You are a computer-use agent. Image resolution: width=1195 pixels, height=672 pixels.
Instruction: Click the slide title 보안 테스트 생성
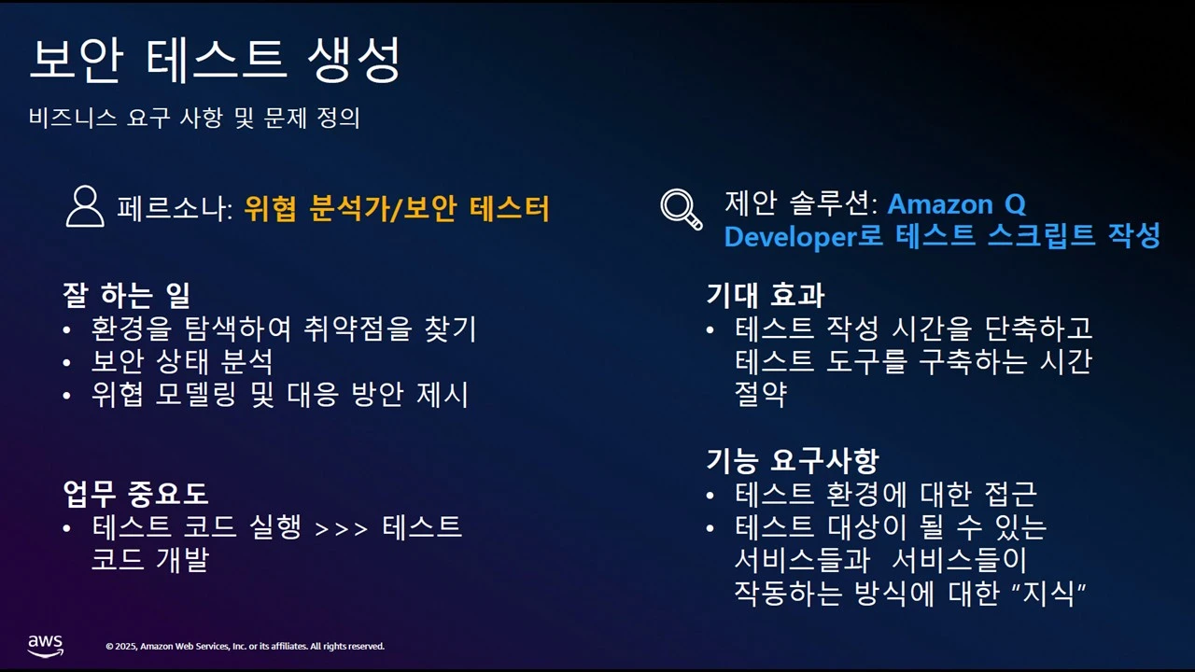click(215, 61)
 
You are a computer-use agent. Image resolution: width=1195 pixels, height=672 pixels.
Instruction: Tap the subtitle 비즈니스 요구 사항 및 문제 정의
click(194, 119)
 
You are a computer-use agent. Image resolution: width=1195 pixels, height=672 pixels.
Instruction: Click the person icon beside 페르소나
click(85, 206)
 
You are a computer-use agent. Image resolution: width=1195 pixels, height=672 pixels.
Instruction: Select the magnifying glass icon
click(681, 208)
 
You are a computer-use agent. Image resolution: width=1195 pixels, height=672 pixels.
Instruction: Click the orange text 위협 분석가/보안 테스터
click(397, 208)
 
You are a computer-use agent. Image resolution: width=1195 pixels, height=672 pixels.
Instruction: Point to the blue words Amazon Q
click(956, 203)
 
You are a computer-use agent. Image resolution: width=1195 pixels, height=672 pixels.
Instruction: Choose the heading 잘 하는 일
click(126, 296)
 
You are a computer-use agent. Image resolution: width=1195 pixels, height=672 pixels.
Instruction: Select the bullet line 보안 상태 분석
click(182, 361)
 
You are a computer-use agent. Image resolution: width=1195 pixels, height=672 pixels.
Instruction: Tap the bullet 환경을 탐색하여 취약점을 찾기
click(284, 329)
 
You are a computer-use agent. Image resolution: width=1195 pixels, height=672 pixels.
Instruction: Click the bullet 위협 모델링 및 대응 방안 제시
click(280, 394)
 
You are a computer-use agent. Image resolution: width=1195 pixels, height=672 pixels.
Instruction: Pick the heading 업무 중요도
click(135, 493)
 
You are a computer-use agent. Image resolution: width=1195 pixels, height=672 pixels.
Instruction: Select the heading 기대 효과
click(765, 296)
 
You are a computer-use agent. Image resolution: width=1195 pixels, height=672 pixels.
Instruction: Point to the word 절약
click(761, 394)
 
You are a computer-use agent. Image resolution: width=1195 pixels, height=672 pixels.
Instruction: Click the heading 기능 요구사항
click(793, 460)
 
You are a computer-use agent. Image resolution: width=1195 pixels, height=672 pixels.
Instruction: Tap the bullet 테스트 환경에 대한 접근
click(886, 494)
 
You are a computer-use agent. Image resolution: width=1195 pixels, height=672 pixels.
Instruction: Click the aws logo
click(45, 645)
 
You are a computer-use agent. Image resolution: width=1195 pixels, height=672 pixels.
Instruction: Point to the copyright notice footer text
click(245, 646)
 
